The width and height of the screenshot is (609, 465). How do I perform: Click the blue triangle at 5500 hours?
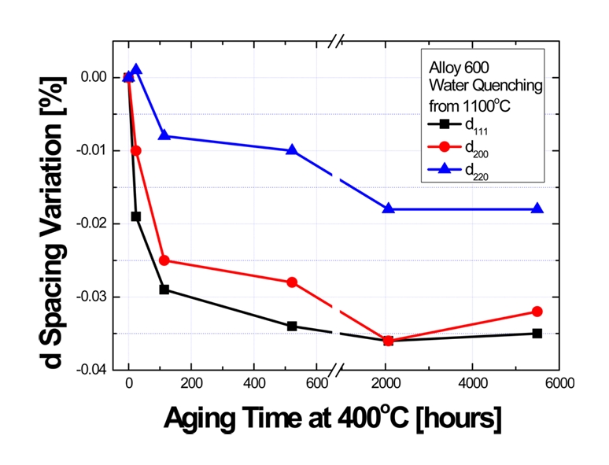click(x=537, y=209)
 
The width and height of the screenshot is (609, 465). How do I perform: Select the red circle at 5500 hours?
click(x=537, y=312)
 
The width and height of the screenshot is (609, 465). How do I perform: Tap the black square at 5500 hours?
click(x=537, y=334)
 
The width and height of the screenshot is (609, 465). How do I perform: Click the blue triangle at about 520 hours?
click(x=292, y=149)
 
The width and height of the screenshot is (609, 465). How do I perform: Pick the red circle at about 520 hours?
click(x=292, y=282)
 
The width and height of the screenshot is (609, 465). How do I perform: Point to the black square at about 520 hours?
click(x=292, y=326)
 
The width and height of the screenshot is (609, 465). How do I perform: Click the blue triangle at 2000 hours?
click(x=388, y=209)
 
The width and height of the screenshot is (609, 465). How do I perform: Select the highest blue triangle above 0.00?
click(x=136, y=69)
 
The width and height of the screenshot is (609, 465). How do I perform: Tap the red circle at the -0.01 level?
click(x=135, y=150)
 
